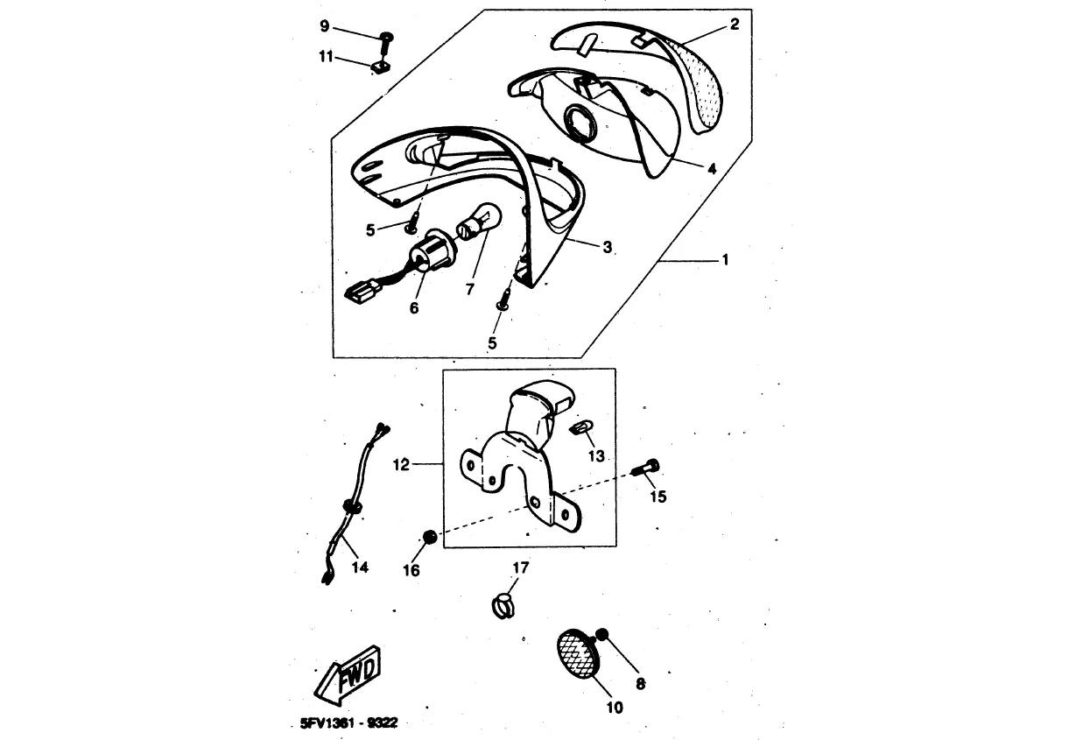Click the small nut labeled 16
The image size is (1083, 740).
tap(429, 537)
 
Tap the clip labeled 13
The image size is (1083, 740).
tap(579, 428)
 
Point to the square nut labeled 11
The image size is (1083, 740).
tap(380, 67)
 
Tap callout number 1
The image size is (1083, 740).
tap(725, 260)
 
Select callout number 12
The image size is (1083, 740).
tap(401, 465)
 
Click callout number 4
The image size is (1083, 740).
tap(711, 168)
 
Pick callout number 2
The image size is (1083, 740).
tap(735, 25)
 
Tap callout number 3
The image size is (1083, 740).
tap(607, 247)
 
